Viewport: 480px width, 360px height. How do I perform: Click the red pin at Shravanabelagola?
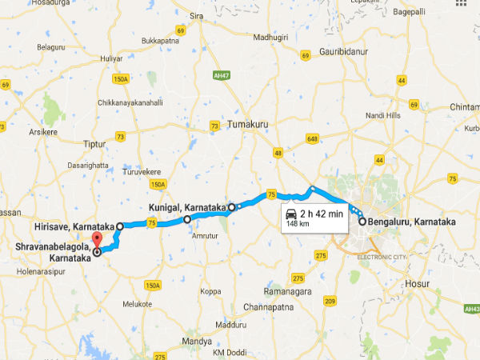(98, 241)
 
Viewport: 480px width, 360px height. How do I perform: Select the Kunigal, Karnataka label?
(186, 207)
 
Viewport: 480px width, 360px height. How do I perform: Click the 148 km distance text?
(298, 225)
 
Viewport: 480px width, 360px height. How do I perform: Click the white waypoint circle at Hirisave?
(120, 226)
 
